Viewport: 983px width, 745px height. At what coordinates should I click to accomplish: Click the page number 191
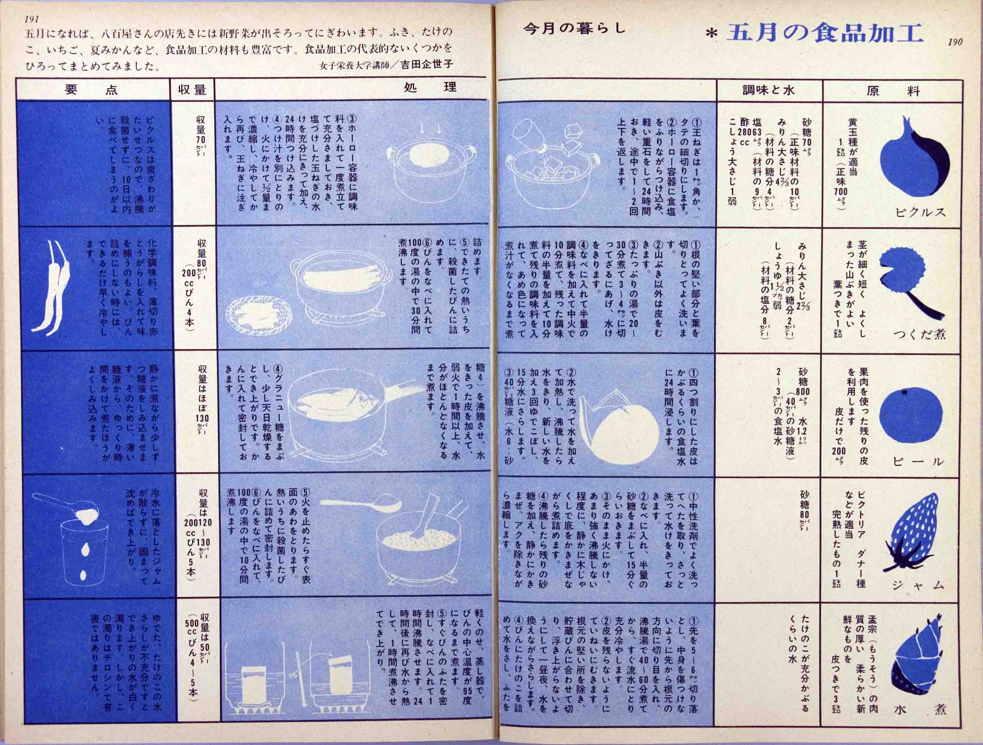[x=32, y=19]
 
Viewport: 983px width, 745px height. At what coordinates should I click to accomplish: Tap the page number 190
[x=955, y=42]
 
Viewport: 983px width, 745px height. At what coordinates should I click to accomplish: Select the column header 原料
[x=892, y=91]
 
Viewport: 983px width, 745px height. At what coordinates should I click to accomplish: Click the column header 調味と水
[x=768, y=90]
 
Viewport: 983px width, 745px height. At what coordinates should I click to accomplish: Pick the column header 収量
[x=192, y=90]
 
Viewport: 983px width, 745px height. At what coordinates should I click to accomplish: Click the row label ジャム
[x=918, y=586]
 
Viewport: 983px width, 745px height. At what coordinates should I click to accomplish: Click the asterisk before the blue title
[x=712, y=35]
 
